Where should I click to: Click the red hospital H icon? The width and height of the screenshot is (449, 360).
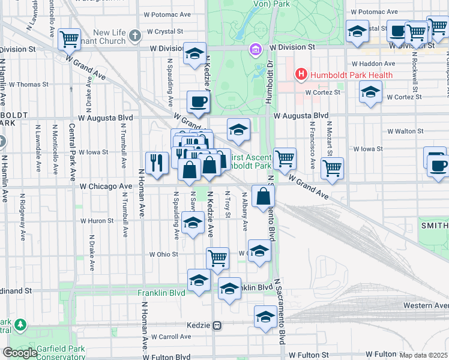click(x=301, y=75)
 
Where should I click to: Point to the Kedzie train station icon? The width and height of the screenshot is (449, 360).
click(x=218, y=325)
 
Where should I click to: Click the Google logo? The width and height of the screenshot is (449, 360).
click(x=19, y=353)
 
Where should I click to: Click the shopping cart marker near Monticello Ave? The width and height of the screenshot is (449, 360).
click(x=70, y=40)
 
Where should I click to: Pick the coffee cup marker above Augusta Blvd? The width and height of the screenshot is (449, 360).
click(x=198, y=101)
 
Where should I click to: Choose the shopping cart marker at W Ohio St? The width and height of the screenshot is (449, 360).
click(x=217, y=258)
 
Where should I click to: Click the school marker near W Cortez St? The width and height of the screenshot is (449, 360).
click(x=370, y=92)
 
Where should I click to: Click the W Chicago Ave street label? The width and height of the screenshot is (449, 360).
click(x=105, y=187)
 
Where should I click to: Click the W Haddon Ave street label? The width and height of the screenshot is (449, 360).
click(x=373, y=64)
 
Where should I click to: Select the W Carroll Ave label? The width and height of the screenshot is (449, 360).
click(x=170, y=337)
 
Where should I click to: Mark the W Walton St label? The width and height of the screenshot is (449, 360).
click(x=405, y=131)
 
